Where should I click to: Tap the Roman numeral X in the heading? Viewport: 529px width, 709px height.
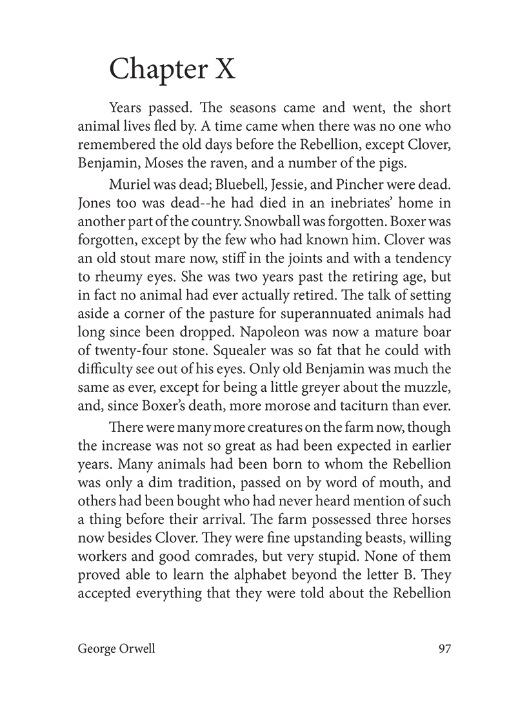tap(224, 68)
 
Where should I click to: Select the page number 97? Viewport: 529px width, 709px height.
tap(444, 649)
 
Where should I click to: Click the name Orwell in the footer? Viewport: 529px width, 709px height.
tap(136, 649)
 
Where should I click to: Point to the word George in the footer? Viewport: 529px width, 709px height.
tap(96, 649)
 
